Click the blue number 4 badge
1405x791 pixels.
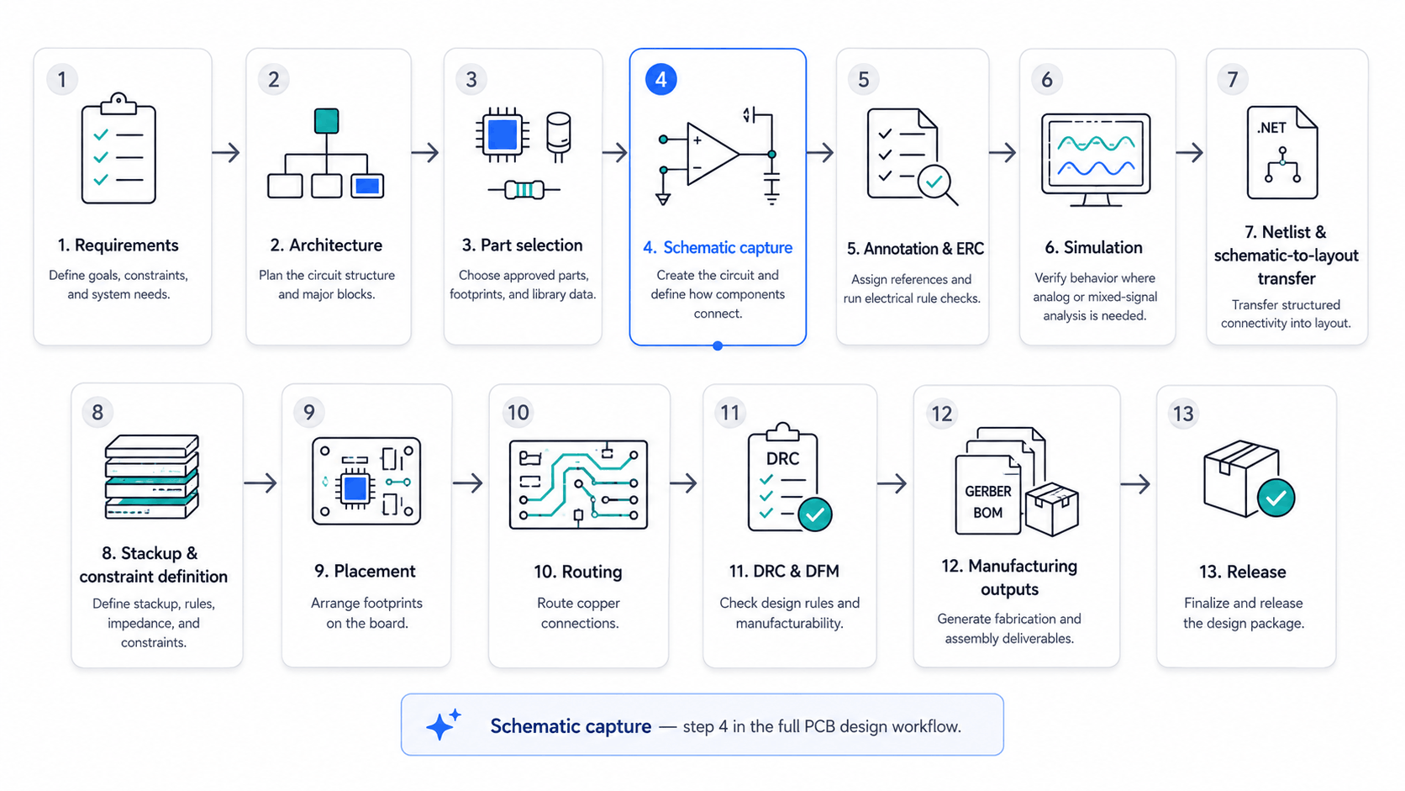tap(661, 80)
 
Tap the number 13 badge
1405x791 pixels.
tap(1183, 414)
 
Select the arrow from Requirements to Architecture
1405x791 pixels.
tap(226, 152)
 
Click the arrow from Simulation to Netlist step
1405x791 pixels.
tap(1189, 152)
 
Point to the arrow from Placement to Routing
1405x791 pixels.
tap(468, 483)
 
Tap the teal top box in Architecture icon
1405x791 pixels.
tap(326, 120)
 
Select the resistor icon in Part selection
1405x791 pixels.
tap(524, 189)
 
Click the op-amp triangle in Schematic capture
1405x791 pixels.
tap(713, 155)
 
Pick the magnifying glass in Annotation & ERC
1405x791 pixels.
tap(937, 184)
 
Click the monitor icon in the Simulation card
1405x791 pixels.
tap(1096, 160)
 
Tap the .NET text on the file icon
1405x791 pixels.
tap(1271, 128)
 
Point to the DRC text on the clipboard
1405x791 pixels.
tap(783, 458)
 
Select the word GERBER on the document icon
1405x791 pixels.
tap(988, 491)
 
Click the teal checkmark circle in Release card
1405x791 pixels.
tap(1276, 498)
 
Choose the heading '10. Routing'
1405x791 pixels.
tap(577, 572)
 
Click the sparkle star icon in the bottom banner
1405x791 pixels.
tap(444, 725)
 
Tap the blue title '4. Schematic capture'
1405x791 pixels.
tap(718, 248)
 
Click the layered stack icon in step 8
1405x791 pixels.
tap(152, 477)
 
